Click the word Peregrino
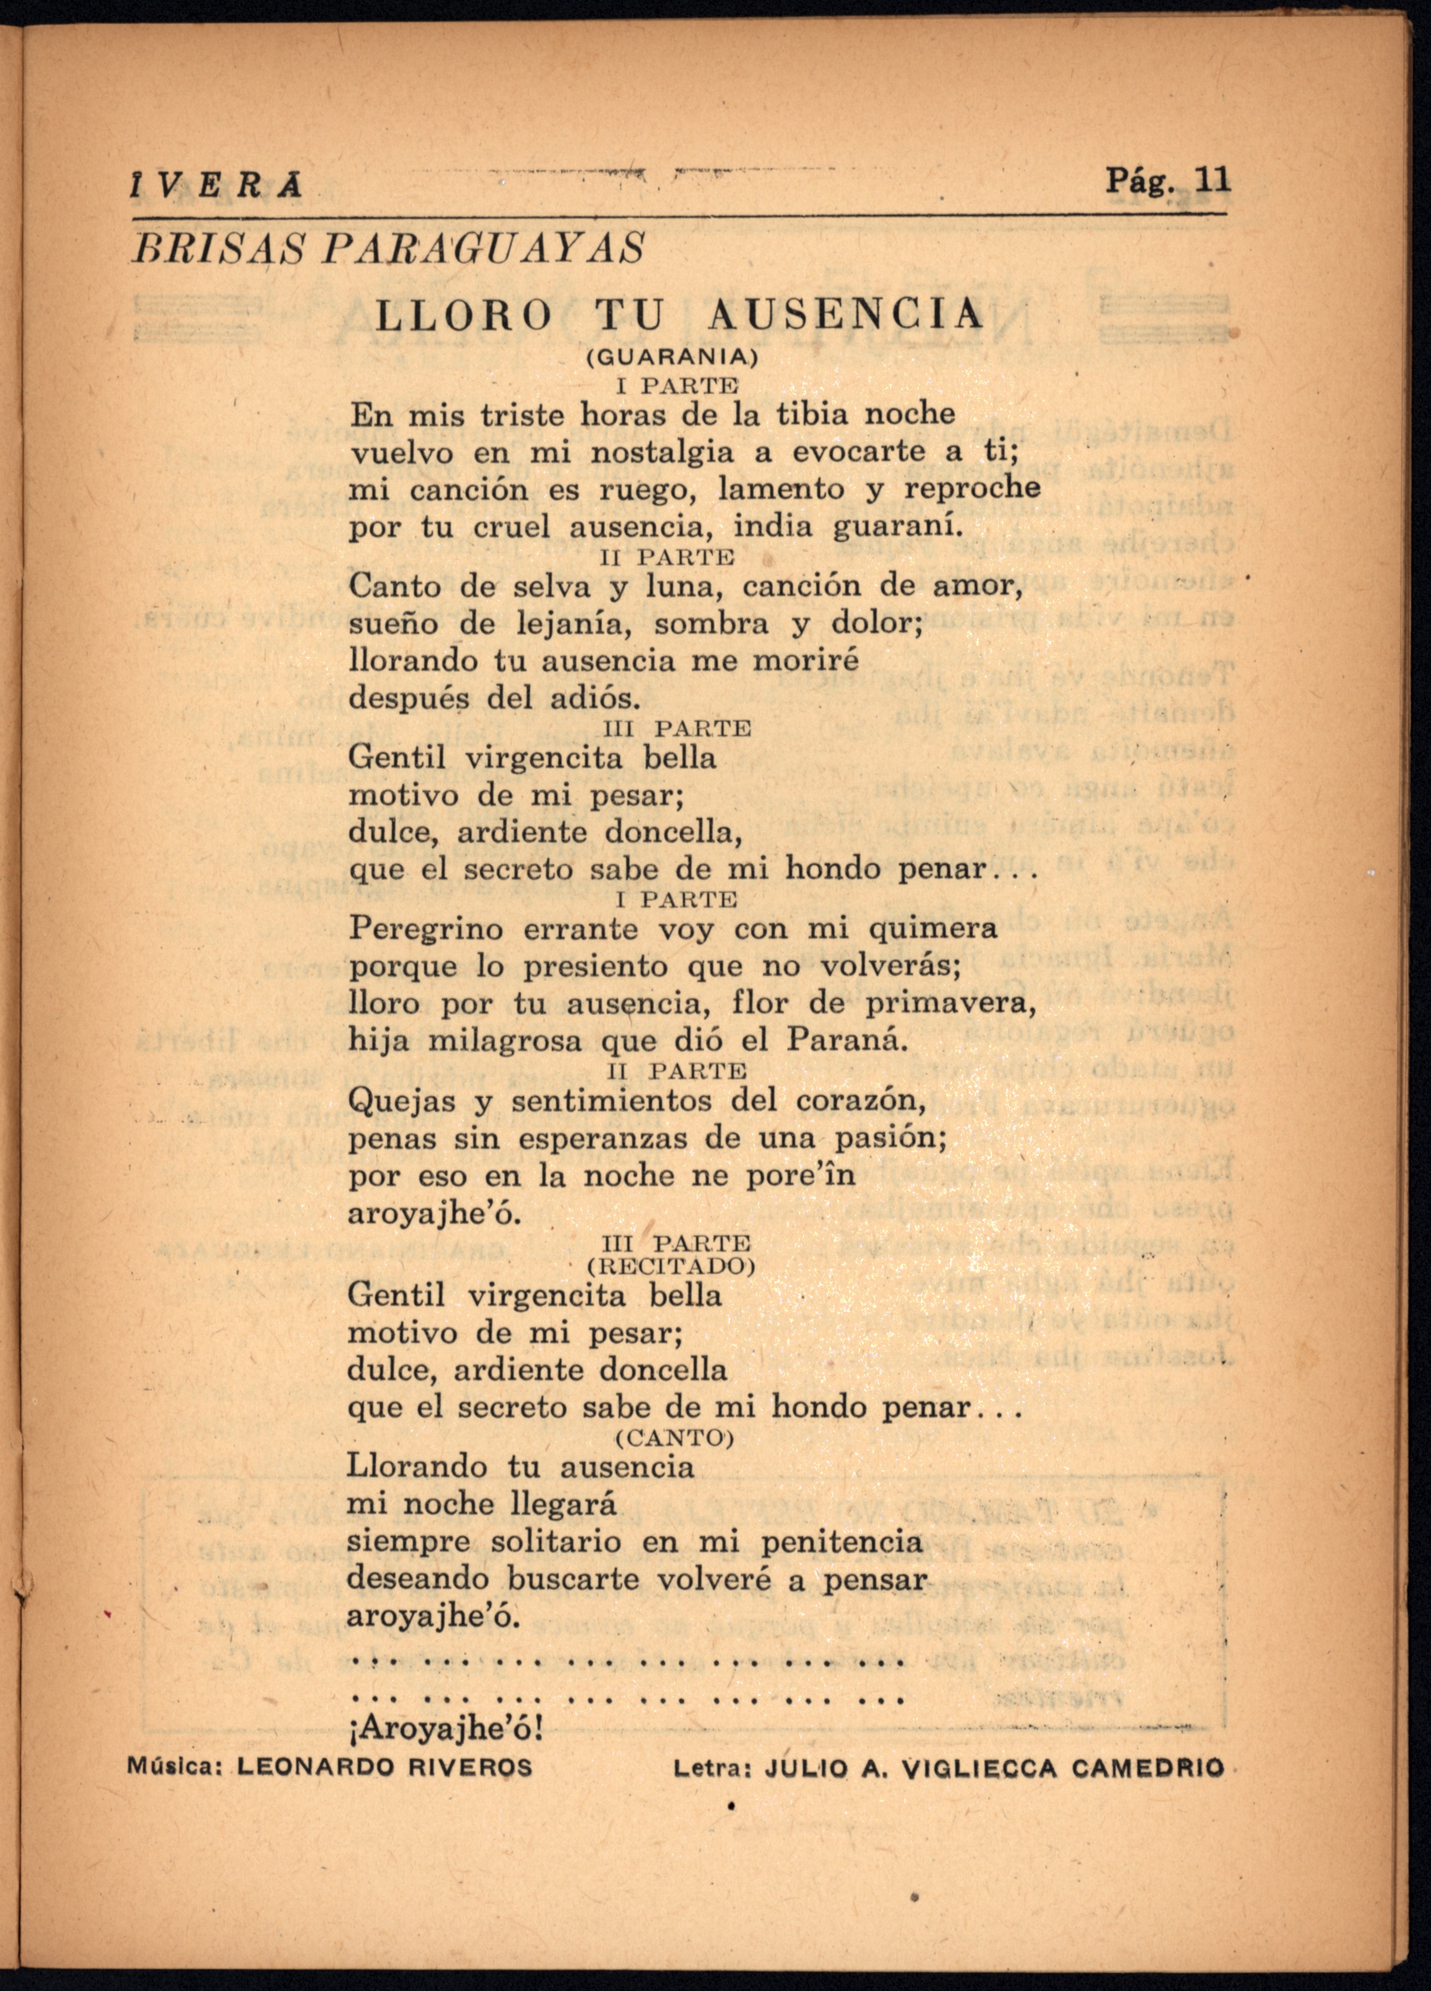coord(427,929)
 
